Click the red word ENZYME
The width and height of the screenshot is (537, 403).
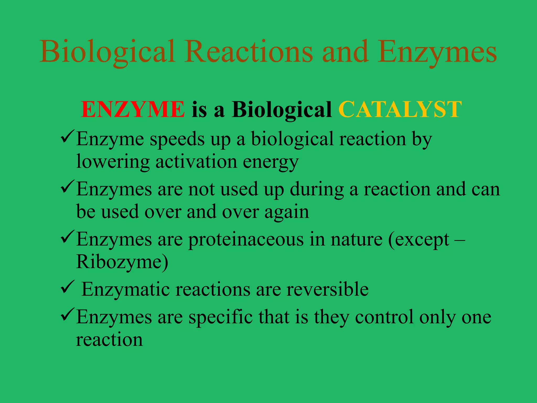133,109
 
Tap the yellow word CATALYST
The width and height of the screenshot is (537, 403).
400,109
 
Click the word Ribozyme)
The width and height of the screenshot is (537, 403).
122,262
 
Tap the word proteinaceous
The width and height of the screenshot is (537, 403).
246,240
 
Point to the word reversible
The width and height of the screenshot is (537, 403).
327,289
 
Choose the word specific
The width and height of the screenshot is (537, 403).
221,317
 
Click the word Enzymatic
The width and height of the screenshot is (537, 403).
126,289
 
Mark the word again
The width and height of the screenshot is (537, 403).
287,212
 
